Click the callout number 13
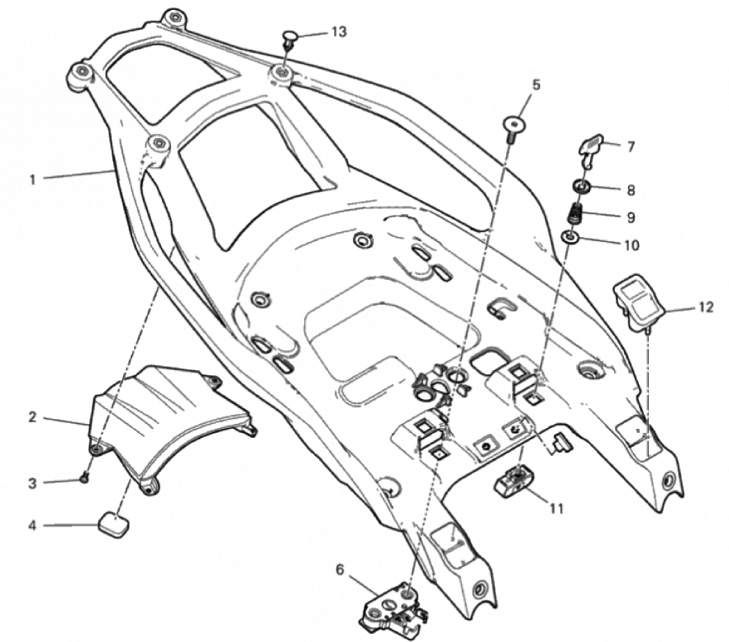(339, 31)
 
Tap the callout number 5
(536, 85)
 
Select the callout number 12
(705, 307)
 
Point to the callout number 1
(33, 178)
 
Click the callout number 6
(339, 570)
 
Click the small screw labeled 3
(85, 477)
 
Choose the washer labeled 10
(570, 239)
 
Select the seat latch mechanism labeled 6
(393, 607)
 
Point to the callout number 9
(631, 218)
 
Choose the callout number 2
(33, 418)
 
